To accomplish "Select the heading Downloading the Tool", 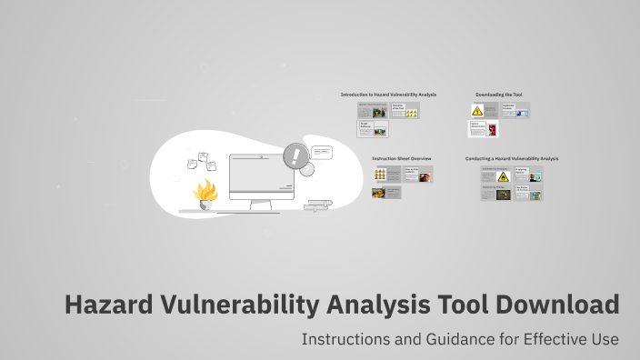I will tap(498, 95).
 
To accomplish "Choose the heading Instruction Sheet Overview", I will tap(400, 158).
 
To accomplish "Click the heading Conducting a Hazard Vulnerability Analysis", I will tap(512, 158).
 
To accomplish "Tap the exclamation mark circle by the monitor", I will tap(295, 155).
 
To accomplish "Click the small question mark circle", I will tap(307, 169).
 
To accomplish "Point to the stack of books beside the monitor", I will tap(319, 205).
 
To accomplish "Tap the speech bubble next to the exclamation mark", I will tap(322, 152).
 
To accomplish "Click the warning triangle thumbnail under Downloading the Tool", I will tap(476, 111).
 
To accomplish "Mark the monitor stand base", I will tap(262, 209).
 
